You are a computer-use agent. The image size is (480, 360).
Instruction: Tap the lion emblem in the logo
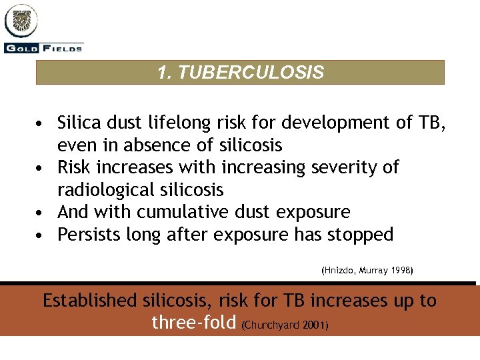coord(22,22)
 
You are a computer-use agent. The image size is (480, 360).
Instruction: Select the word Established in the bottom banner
coord(89,301)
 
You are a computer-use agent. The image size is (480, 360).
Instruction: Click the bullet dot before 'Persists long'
coord(41,235)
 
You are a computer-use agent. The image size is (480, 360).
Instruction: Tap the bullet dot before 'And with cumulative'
coord(41,213)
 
